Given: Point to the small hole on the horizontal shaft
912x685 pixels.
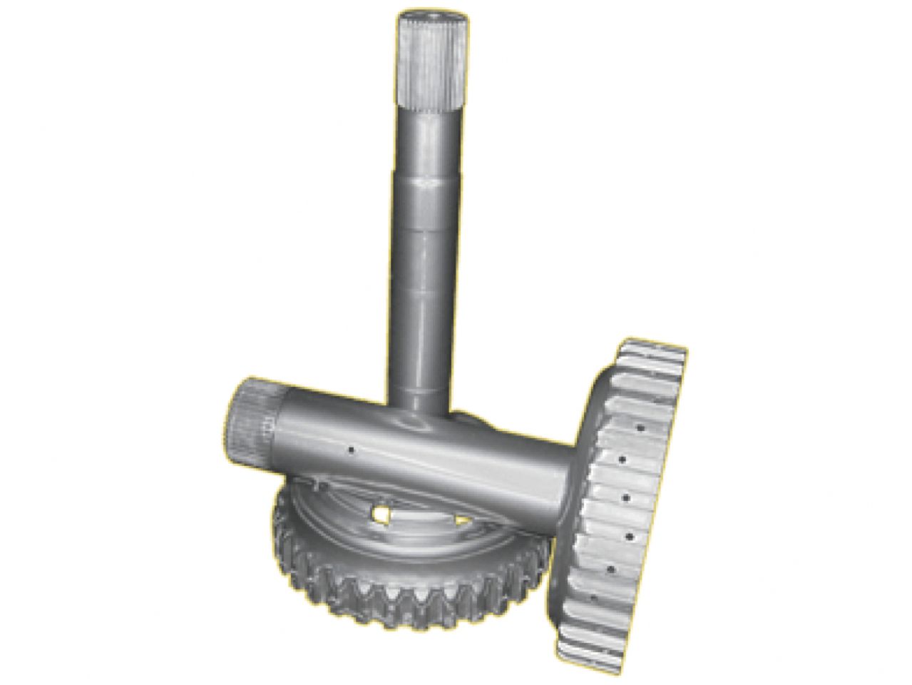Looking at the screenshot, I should coord(351,450).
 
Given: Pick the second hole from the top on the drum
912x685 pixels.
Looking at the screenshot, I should coord(627,460).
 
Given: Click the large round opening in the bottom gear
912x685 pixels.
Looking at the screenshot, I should coord(383,513).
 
